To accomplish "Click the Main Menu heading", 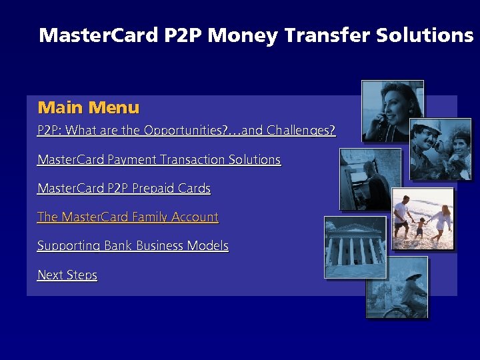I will [x=89, y=107].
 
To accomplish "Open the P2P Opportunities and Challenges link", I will [x=186, y=131].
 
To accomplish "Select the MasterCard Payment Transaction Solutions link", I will [x=159, y=160].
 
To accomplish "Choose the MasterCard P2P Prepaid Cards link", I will [x=123, y=189].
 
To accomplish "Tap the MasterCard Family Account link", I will [x=127, y=217].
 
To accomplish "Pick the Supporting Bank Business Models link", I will [x=133, y=246].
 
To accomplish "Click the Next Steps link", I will [x=67, y=275].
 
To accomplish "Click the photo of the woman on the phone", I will [x=392, y=111].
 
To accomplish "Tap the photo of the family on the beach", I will [x=422, y=219].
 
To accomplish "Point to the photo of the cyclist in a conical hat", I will [x=397, y=287].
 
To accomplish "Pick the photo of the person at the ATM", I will [x=370, y=179].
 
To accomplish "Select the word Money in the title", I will [x=242, y=35].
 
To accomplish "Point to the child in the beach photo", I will [x=419, y=227].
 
